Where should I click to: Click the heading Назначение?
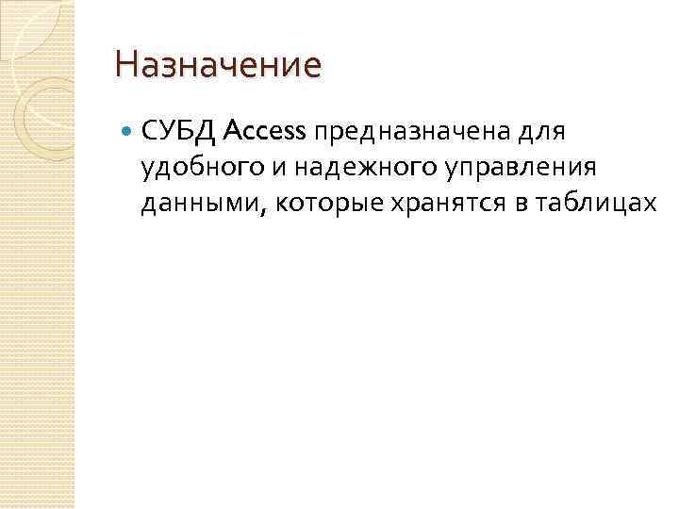218,66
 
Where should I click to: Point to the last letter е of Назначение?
313,67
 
